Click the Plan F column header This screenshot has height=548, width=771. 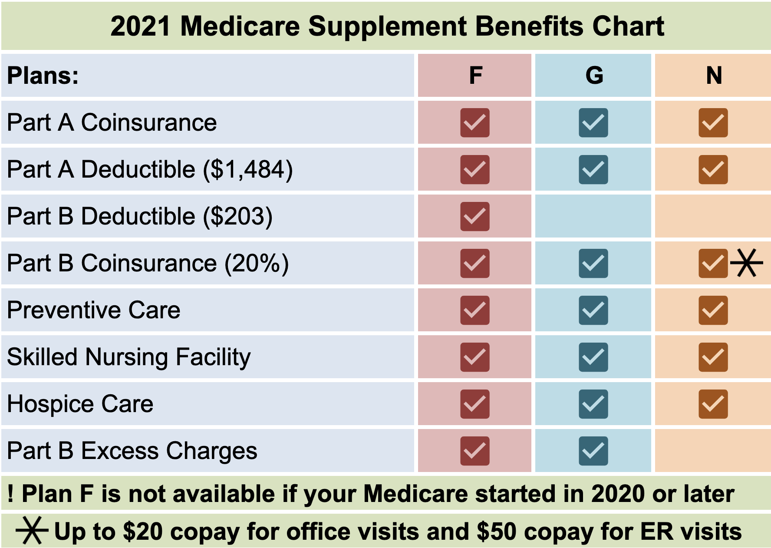[475, 76]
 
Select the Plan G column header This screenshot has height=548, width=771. [594, 76]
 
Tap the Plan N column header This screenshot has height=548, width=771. [714, 76]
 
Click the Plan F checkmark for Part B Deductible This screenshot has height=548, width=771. [475, 216]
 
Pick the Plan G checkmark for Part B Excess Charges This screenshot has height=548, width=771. [593, 451]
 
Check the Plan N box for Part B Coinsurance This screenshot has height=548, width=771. [713, 263]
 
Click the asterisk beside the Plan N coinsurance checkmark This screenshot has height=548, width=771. [746, 263]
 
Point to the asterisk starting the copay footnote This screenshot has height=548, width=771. [31, 530]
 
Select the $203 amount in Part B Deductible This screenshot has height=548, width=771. [238, 216]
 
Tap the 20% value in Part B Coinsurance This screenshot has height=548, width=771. [257, 263]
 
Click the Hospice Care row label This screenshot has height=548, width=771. [80, 404]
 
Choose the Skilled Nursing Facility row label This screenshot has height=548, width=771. [129, 357]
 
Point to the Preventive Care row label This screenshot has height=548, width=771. [93, 310]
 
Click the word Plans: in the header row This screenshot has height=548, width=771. [43, 76]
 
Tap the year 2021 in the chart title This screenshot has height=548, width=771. [141, 26]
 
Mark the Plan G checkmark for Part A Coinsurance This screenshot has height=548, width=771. [593, 122]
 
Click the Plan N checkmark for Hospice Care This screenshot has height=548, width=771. [713, 404]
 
